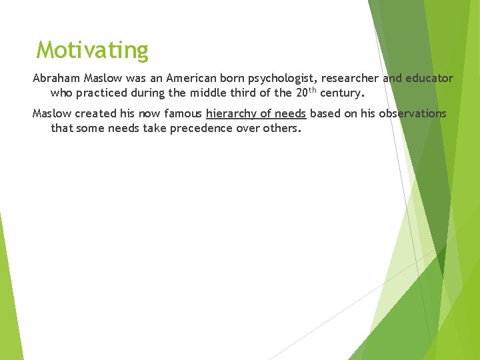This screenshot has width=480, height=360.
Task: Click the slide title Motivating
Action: [x=93, y=50]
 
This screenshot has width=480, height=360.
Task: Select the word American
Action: [x=173, y=79]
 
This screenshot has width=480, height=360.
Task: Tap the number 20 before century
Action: [x=302, y=92]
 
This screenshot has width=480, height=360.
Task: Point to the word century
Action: [x=342, y=93]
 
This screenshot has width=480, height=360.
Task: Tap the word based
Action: [x=324, y=113]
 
